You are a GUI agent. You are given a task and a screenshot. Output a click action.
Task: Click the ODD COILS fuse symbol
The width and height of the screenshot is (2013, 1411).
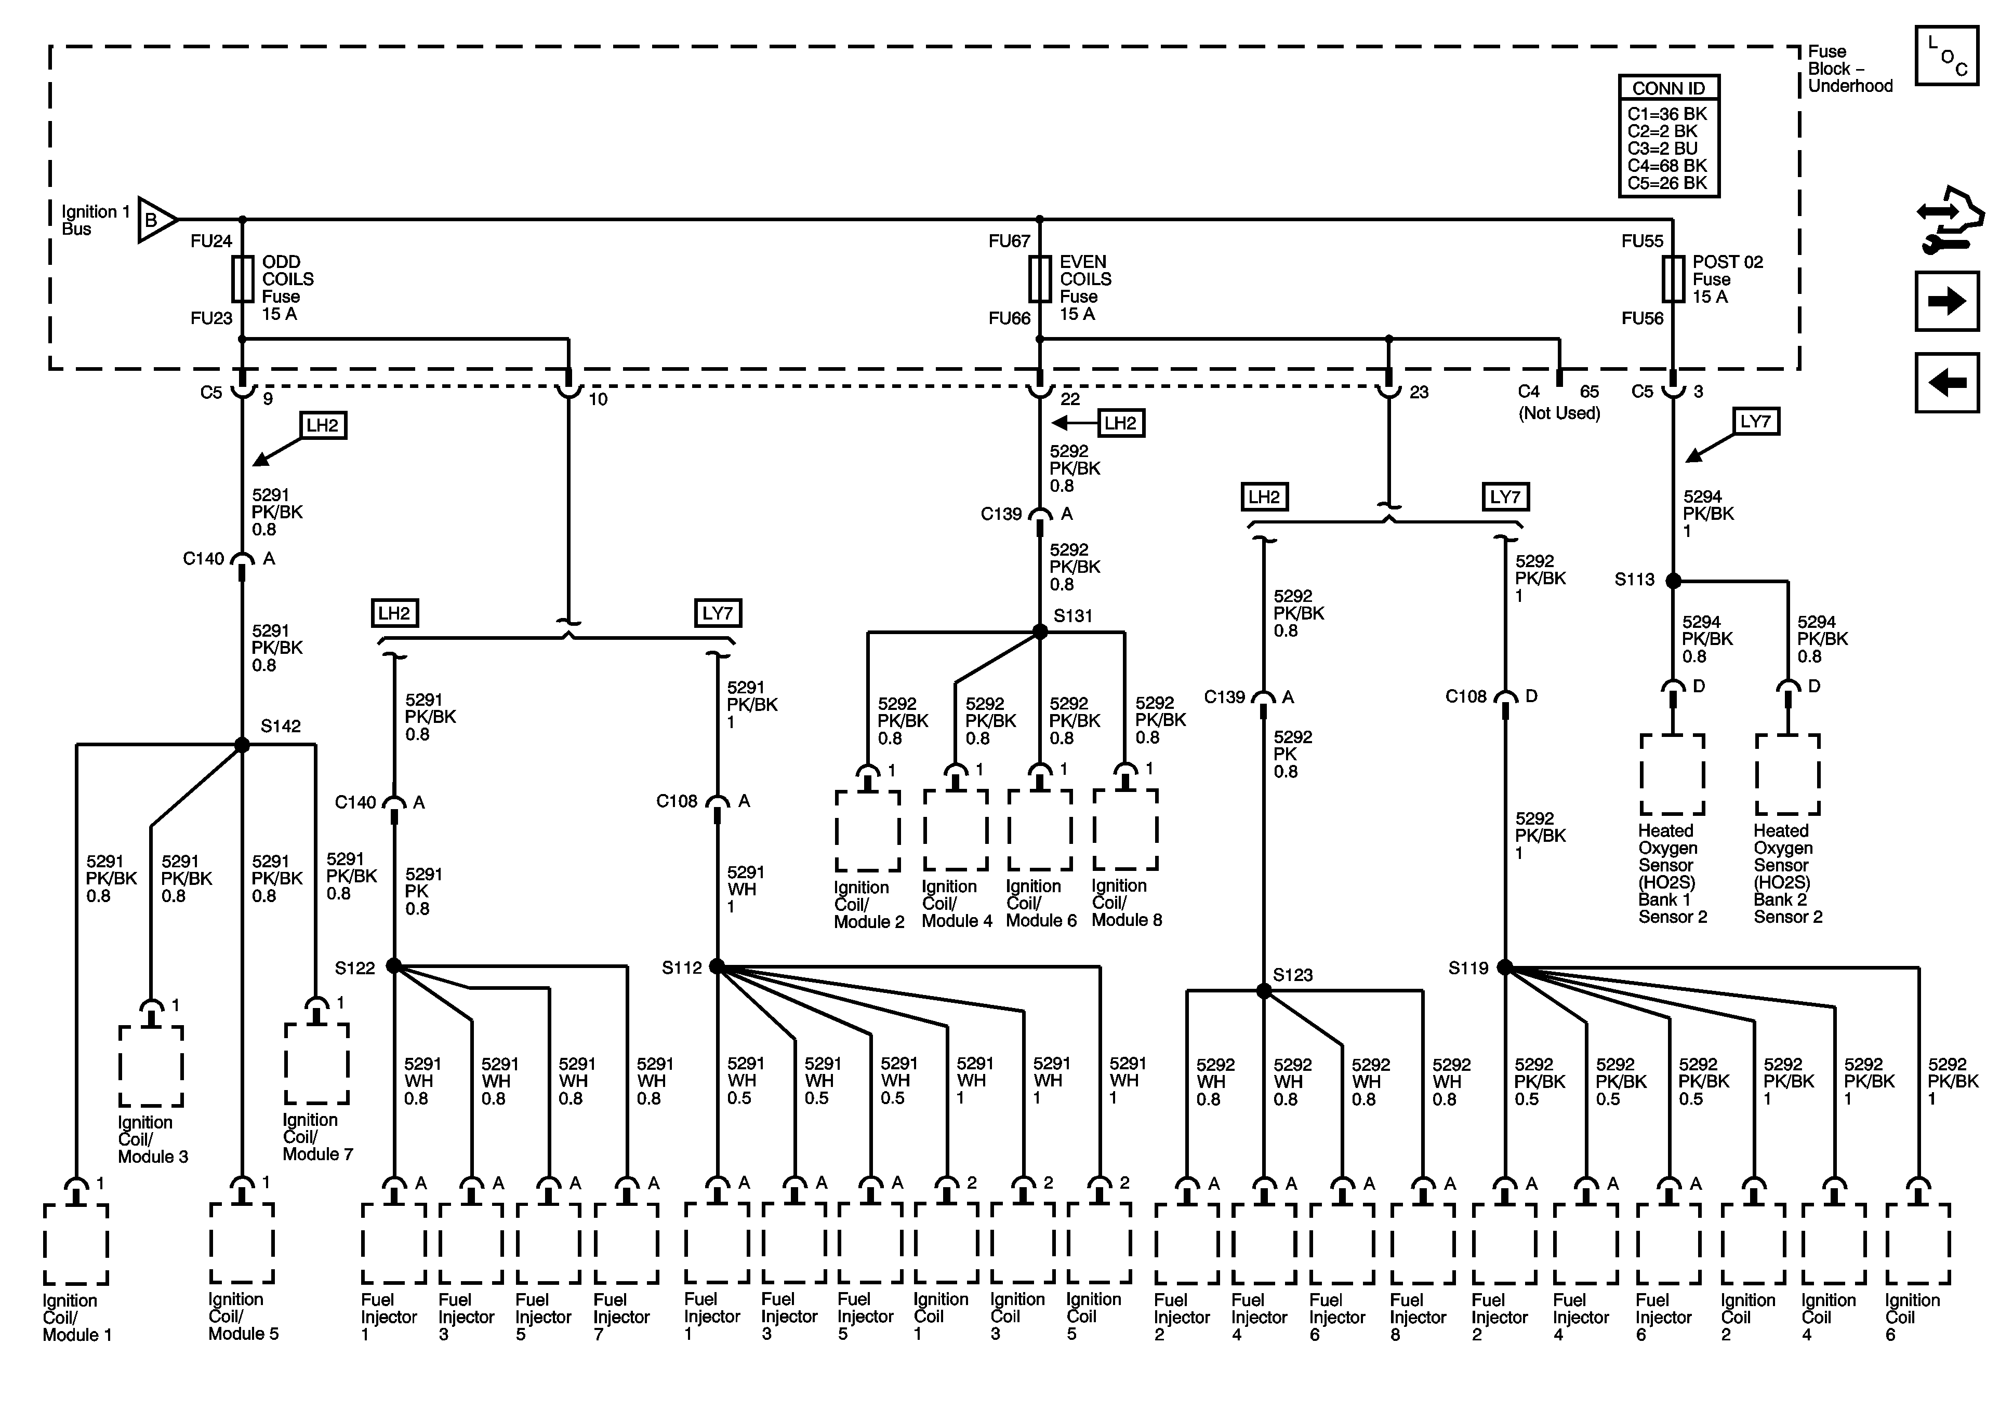tap(243, 279)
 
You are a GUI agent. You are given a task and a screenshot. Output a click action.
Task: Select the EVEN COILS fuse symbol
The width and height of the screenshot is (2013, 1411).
tap(1040, 279)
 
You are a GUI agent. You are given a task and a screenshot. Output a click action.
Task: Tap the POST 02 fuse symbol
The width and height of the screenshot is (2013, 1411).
tap(1673, 279)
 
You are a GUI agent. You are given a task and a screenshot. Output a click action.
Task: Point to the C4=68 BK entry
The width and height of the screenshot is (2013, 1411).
tap(1667, 166)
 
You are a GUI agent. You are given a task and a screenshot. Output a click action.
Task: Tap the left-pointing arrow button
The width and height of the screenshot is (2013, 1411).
tap(1947, 382)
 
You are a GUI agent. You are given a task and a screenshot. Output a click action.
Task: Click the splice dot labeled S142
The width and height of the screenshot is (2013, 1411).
tap(242, 745)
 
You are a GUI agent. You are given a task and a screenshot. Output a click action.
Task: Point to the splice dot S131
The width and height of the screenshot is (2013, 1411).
tap(1040, 632)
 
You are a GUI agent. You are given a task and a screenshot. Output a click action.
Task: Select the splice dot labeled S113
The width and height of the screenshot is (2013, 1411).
tap(1673, 580)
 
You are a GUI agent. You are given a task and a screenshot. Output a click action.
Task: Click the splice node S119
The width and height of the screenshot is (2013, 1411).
tap(1504, 967)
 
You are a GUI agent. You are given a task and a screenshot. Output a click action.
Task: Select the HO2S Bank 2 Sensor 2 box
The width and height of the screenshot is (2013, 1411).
tap(1787, 775)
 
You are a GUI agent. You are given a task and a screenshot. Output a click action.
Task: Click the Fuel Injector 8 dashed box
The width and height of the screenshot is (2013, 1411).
tap(1423, 1244)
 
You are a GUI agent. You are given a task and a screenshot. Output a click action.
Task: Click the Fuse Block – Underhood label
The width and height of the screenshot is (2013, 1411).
tap(1848, 69)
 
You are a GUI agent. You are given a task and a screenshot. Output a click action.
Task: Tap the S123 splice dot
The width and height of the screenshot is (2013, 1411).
tap(1263, 991)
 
